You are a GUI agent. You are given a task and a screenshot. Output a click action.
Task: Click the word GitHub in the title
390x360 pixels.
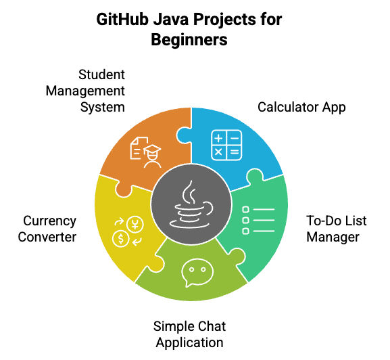122,20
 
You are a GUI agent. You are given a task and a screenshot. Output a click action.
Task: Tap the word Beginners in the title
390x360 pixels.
189,40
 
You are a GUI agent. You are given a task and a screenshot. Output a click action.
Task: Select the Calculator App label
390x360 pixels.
301,108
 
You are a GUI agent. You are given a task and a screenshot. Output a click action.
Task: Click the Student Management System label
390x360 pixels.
85,91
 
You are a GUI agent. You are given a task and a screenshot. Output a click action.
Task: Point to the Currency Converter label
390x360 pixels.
47,229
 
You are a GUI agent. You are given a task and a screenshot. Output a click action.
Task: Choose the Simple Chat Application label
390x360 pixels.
189,334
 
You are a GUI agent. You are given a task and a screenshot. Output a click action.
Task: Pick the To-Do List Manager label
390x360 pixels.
337,229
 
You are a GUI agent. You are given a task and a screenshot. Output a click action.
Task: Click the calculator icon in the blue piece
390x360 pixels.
226,145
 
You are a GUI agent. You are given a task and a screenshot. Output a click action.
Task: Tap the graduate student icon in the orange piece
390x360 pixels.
146,152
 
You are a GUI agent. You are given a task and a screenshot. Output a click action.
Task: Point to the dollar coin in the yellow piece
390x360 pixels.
120,239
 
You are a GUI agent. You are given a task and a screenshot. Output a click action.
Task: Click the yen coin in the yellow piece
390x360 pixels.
135,224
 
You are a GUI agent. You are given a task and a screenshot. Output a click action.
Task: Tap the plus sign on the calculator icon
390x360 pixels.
218,137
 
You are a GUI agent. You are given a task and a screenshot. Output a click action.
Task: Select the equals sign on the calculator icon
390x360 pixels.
235,152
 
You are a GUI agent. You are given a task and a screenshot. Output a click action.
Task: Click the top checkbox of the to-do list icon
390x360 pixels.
245,209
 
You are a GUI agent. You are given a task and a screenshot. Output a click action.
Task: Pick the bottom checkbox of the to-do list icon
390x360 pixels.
245,231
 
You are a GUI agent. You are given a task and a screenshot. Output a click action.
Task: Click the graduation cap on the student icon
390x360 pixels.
153,149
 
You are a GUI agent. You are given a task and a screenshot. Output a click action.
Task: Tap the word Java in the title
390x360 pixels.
170,20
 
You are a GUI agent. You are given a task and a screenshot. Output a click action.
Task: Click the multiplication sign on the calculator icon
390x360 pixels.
218,152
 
